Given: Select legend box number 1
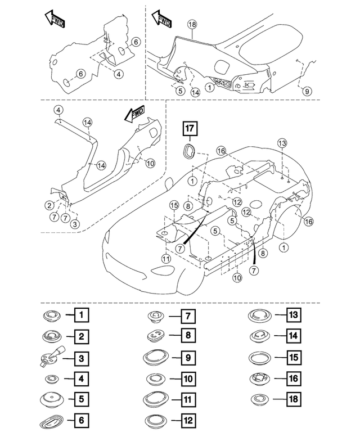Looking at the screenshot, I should (82, 315).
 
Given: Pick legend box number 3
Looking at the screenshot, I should (82, 357).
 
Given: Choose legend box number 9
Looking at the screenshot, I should (187, 357).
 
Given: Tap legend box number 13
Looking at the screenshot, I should (292, 315).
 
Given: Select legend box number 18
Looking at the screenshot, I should (292, 400).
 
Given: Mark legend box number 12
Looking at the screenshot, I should (187, 421).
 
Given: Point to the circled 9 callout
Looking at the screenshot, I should (307, 91).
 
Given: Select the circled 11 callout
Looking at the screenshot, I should (166, 259).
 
